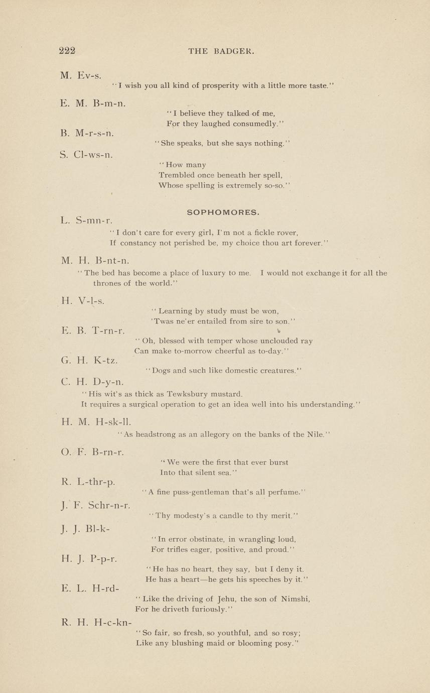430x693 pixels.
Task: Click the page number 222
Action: click(x=67, y=50)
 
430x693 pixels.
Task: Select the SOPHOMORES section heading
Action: click(x=223, y=212)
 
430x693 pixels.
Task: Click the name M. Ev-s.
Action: click(x=81, y=76)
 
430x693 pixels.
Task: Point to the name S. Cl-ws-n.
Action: click(x=86, y=155)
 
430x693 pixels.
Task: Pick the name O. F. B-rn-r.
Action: click(x=92, y=452)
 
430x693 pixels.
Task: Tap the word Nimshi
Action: click(x=295, y=599)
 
